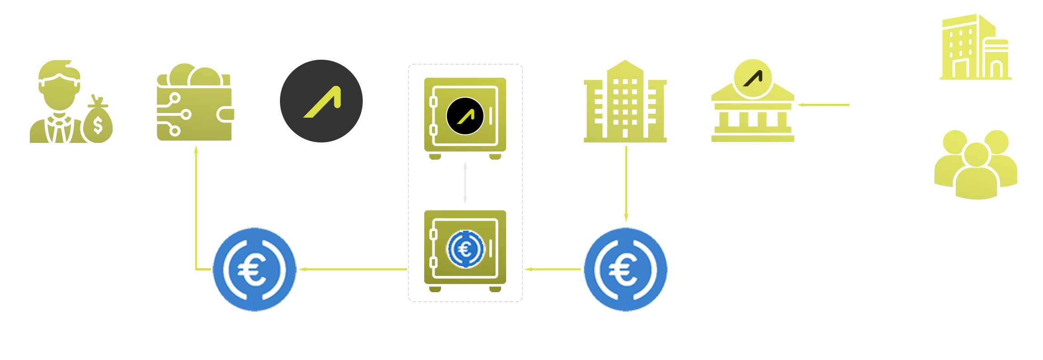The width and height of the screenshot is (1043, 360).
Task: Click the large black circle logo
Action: [x=321, y=101]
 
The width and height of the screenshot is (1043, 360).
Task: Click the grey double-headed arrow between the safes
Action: [x=465, y=183]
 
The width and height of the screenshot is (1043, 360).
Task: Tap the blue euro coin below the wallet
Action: [x=254, y=270]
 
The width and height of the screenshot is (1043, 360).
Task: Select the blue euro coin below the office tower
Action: [x=626, y=270]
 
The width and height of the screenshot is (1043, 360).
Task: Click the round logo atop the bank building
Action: [x=753, y=78]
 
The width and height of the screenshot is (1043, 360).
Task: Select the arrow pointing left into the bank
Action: [x=823, y=105]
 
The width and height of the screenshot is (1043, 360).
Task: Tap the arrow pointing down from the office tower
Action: [x=626, y=183]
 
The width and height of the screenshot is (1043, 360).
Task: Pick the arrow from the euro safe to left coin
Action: [x=353, y=269]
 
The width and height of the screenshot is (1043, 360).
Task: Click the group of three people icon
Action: [x=976, y=165]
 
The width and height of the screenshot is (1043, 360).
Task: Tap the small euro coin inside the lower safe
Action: [x=465, y=249]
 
